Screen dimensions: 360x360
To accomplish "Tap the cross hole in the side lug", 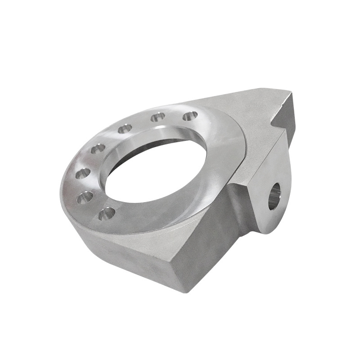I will pos(274,196).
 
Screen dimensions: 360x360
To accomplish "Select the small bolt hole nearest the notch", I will pos(190,116).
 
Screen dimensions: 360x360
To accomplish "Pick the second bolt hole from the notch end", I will pos(157,117).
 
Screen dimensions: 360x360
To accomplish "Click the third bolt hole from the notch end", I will pos(125,129).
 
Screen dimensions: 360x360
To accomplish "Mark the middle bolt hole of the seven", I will pos(98,148).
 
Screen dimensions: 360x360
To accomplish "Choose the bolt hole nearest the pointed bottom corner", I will pos(107,213).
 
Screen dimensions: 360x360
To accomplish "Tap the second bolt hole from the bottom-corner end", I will pos(85,197).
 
